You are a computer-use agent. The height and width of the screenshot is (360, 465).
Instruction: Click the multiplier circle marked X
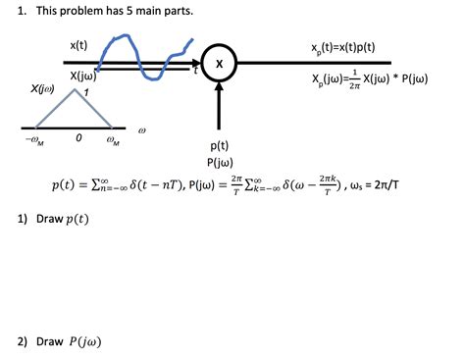[219, 63]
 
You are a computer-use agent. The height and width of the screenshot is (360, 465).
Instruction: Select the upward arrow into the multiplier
[219, 102]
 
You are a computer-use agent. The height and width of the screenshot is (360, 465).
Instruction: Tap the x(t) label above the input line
[78, 45]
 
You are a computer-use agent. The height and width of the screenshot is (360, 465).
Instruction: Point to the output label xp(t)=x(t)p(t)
[342, 47]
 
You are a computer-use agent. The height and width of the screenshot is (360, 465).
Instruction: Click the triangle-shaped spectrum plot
[74, 108]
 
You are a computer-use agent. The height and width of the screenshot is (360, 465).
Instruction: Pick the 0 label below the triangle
[77, 140]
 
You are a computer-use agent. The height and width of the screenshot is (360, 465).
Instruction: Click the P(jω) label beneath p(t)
[219, 162]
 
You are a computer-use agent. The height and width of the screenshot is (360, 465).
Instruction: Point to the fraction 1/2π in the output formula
[352, 79]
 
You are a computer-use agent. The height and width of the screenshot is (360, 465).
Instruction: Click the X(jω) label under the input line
[81, 76]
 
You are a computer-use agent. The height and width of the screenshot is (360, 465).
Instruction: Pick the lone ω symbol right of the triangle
[143, 129]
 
